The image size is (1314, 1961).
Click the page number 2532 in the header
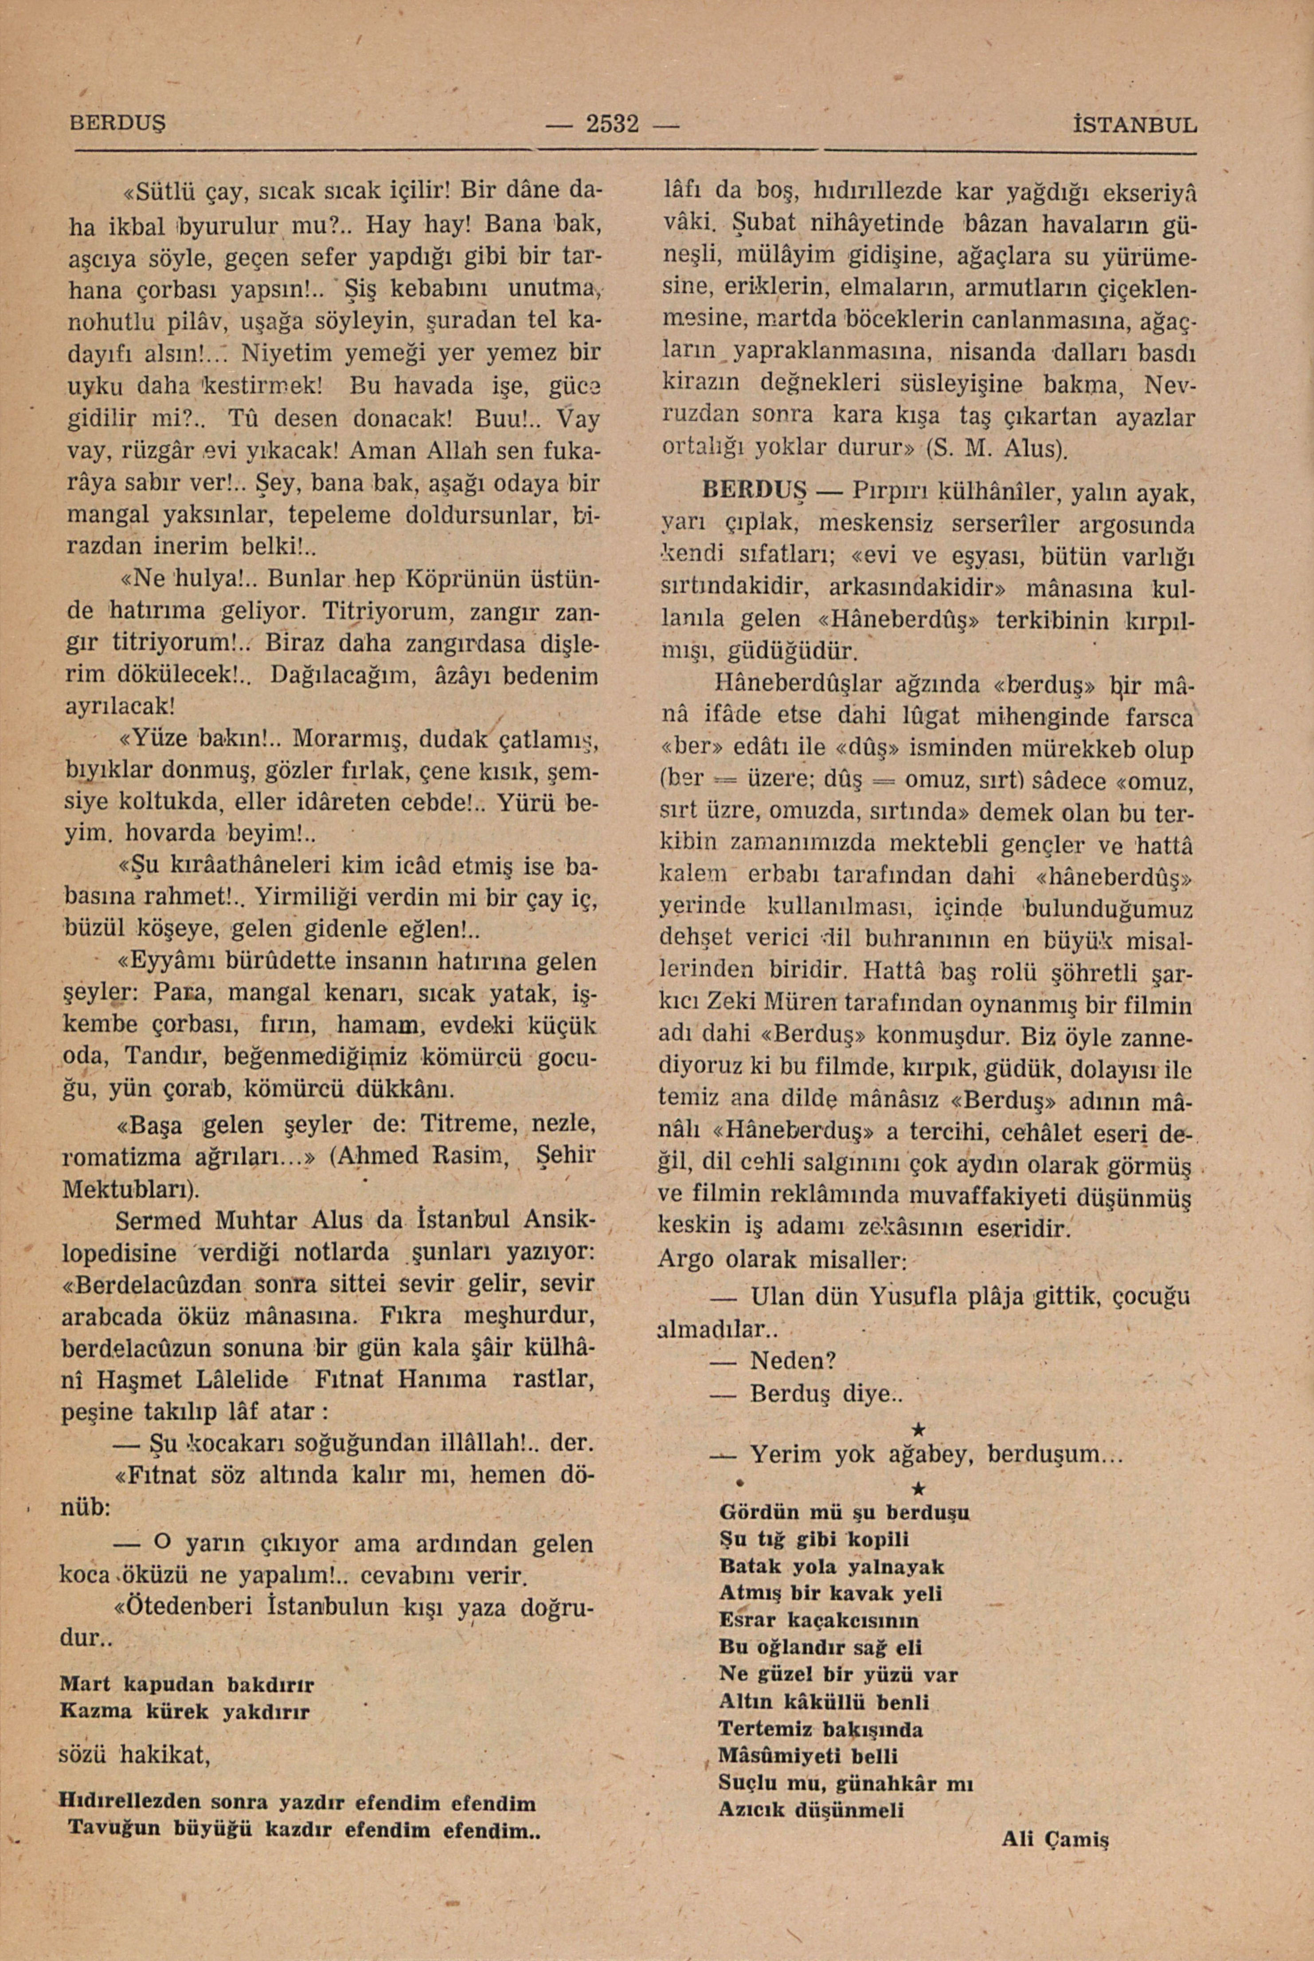(x=613, y=125)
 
